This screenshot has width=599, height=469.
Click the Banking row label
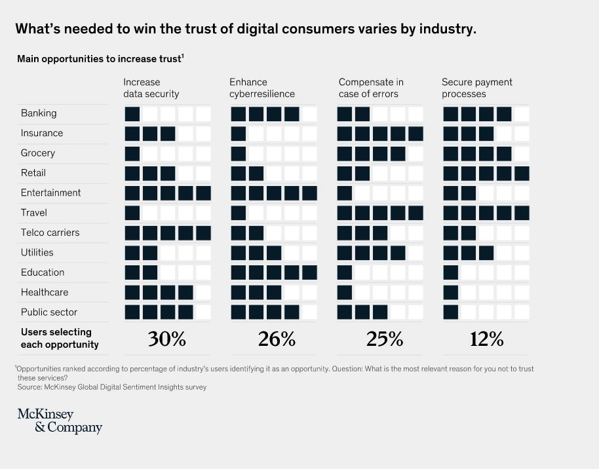[x=39, y=113]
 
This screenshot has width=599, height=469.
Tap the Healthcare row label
[x=45, y=292]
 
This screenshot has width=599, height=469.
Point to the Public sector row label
[x=49, y=312]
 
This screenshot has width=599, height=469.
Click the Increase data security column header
[x=151, y=88]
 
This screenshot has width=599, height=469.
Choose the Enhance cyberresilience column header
[x=262, y=88]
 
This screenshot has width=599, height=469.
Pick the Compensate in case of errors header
[x=371, y=88]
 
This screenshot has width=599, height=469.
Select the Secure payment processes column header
[x=477, y=88]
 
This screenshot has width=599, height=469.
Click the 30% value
[x=167, y=339]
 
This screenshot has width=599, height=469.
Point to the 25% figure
[x=384, y=339]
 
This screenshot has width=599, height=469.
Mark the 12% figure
[x=486, y=339]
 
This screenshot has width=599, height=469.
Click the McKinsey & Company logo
[x=60, y=421]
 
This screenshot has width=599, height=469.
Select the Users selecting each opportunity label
[x=60, y=338]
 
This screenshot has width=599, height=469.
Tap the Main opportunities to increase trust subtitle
[x=100, y=59]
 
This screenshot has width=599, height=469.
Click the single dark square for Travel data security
[x=132, y=213]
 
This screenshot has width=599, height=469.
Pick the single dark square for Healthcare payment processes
[x=451, y=292]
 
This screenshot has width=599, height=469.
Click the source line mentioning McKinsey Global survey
[x=112, y=387]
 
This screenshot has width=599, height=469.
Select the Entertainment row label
[x=51, y=193]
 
